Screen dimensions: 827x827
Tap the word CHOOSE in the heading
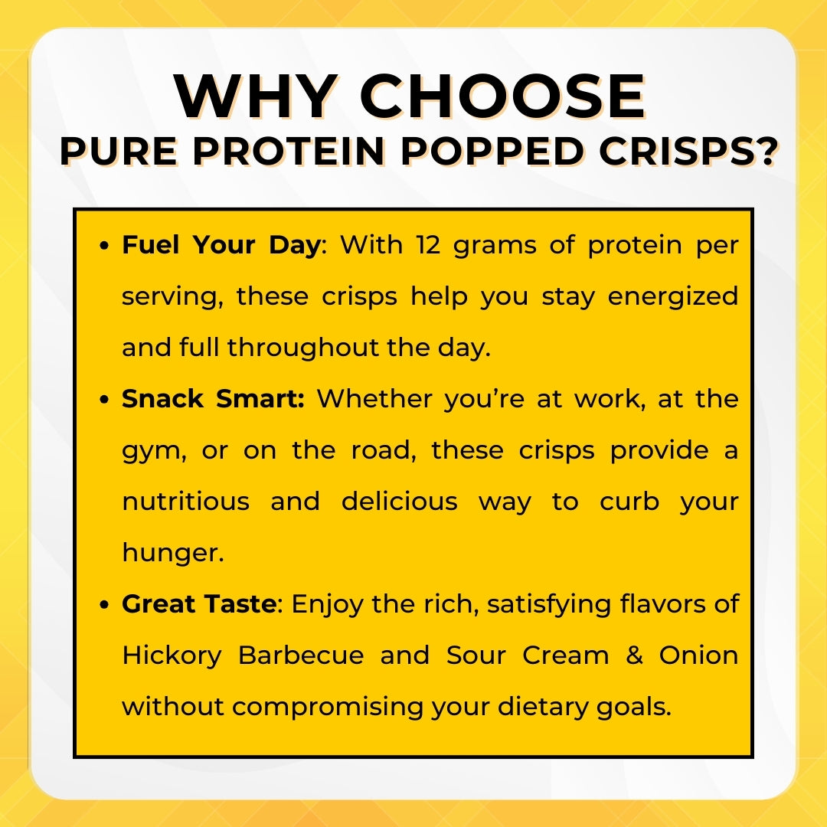coord(502,96)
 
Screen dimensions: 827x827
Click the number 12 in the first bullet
coord(428,245)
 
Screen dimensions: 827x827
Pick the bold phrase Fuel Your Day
coord(221,246)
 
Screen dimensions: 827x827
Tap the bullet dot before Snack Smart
coord(104,399)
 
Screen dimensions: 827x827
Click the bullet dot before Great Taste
coord(104,604)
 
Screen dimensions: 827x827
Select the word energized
coord(672,297)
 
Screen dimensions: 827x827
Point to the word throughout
coord(302,348)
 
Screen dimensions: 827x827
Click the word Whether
coord(374,399)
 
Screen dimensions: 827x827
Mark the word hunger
coord(173,554)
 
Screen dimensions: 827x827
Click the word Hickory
coord(172,657)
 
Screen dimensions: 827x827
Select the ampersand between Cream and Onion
coord(634,655)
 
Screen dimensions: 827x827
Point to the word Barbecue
coord(301,655)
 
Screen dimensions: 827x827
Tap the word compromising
coord(328,708)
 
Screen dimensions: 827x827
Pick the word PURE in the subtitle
coord(119,152)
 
